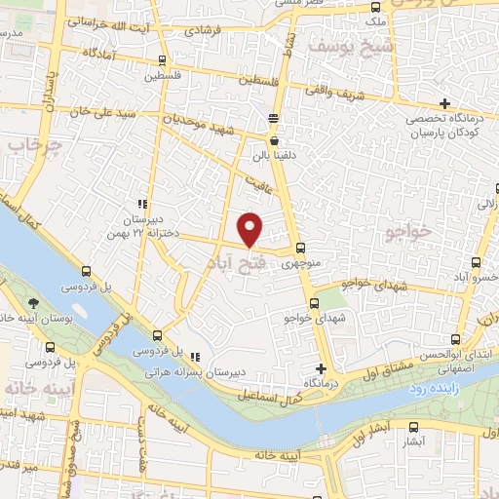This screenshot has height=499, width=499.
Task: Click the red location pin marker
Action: coord(250,229)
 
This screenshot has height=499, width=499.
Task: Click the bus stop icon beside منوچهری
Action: coord(300,248)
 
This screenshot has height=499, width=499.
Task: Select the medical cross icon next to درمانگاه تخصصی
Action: coord(444,103)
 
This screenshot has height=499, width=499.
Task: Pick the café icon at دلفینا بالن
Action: coord(273,140)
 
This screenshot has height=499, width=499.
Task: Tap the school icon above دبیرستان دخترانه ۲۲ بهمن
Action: coord(142,204)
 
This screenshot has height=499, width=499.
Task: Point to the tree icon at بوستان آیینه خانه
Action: coord(33,303)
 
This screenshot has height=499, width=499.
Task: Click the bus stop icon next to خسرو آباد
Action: coord(476,262)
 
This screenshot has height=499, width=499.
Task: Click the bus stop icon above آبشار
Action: coord(414,426)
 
